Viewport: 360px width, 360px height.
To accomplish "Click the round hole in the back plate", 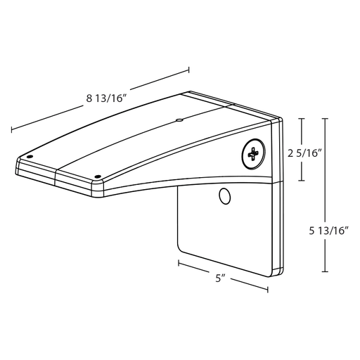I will pos(224,197).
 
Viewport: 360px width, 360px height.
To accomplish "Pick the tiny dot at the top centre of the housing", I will pos(179,120).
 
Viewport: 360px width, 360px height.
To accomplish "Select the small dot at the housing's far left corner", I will pos(29,156).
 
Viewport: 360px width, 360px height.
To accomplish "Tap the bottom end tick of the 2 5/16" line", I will pos(302,181).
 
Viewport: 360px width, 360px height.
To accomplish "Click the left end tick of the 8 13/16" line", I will pos(11,131).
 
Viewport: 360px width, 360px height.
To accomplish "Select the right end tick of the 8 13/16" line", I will pos(189,69).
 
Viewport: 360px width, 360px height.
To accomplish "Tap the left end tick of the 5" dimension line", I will pos(179,264).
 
